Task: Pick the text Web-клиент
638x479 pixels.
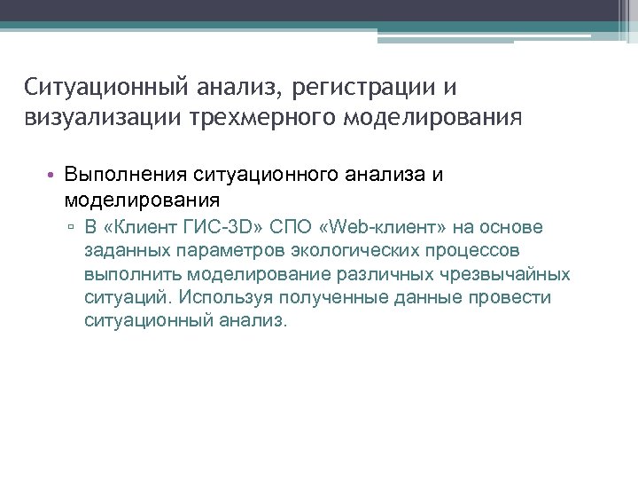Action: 382,228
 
